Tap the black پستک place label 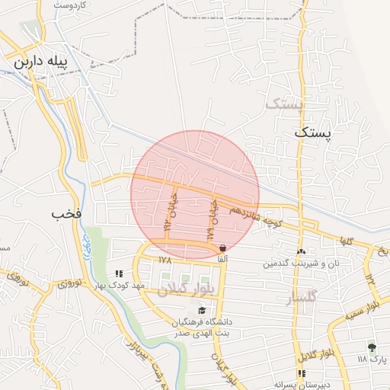click(x=313, y=133)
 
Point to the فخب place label click(x=66, y=214)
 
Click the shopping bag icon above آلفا click(x=222, y=248)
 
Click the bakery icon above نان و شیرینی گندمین click(x=301, y=252)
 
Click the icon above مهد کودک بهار click(x=118, y=273)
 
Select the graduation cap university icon click(x=202, y=310)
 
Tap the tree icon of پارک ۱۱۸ click(x=372, y=347)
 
